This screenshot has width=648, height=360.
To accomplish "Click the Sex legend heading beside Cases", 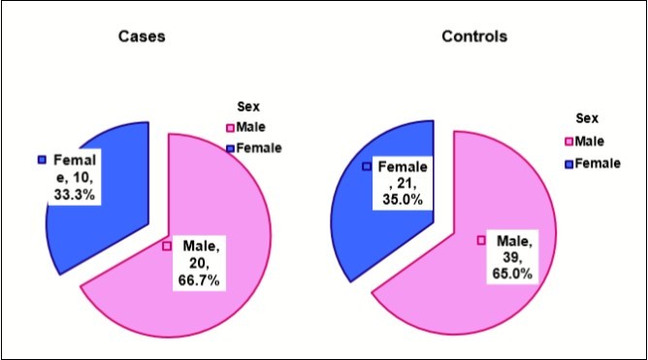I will (x=248, y=108).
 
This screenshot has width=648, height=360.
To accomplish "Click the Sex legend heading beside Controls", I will (x=588, y=119).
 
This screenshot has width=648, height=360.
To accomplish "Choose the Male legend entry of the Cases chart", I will (x=251, y=127).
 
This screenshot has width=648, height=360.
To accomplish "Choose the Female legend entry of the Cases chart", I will (x=258, y=147).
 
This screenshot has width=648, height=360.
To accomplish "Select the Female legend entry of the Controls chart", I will (x=596, y=163).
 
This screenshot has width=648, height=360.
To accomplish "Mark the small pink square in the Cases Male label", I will (x=167, y=246).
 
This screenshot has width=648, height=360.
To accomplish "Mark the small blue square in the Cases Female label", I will (x=41, y=159).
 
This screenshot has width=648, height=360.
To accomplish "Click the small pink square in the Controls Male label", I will (x=480, y=240).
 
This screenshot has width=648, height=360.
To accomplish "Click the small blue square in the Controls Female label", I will (x=367, y=166).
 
